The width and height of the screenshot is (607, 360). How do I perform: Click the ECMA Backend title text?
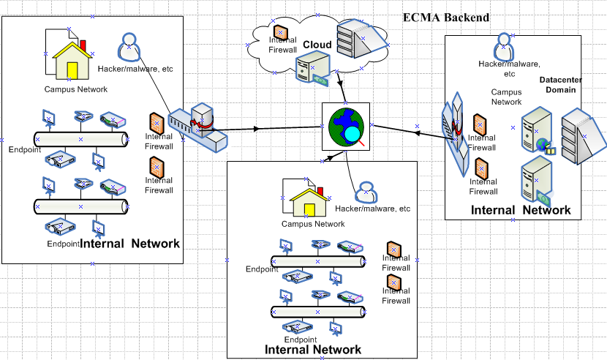pyautogui.click(x=446, y=18)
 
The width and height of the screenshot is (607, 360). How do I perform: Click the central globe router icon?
pyautogui.click(x=346, y=127)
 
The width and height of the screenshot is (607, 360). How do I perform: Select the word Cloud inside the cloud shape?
pyautogui.click(x=318, y=45)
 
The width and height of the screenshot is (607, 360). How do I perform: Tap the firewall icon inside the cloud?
pyautogui.click(x=281, y=33)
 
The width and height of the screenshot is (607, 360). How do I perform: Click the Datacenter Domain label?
pyautogui.click(x=558, y=84)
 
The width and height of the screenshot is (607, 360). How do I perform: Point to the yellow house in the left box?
pyautogui.click(x=71, y=60)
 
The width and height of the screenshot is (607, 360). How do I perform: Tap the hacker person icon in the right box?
pyautogui.click(x=502, y=48)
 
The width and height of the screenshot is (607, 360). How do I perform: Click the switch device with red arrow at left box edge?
pyautogui.click(x=195, y=126)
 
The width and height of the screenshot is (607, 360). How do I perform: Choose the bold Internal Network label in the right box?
pyautogui.click(x=521, y=210)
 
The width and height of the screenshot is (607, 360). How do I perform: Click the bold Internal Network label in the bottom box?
pyautogui.click(x=313, y=349)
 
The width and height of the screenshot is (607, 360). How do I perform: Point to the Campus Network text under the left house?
pyautogui.click(x=76, y=89)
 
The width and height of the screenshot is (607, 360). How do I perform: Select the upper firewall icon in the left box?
pyautogui.click(x=157, y=124)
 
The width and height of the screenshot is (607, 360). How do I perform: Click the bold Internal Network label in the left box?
pyautogui.click(x=129, y=244)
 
